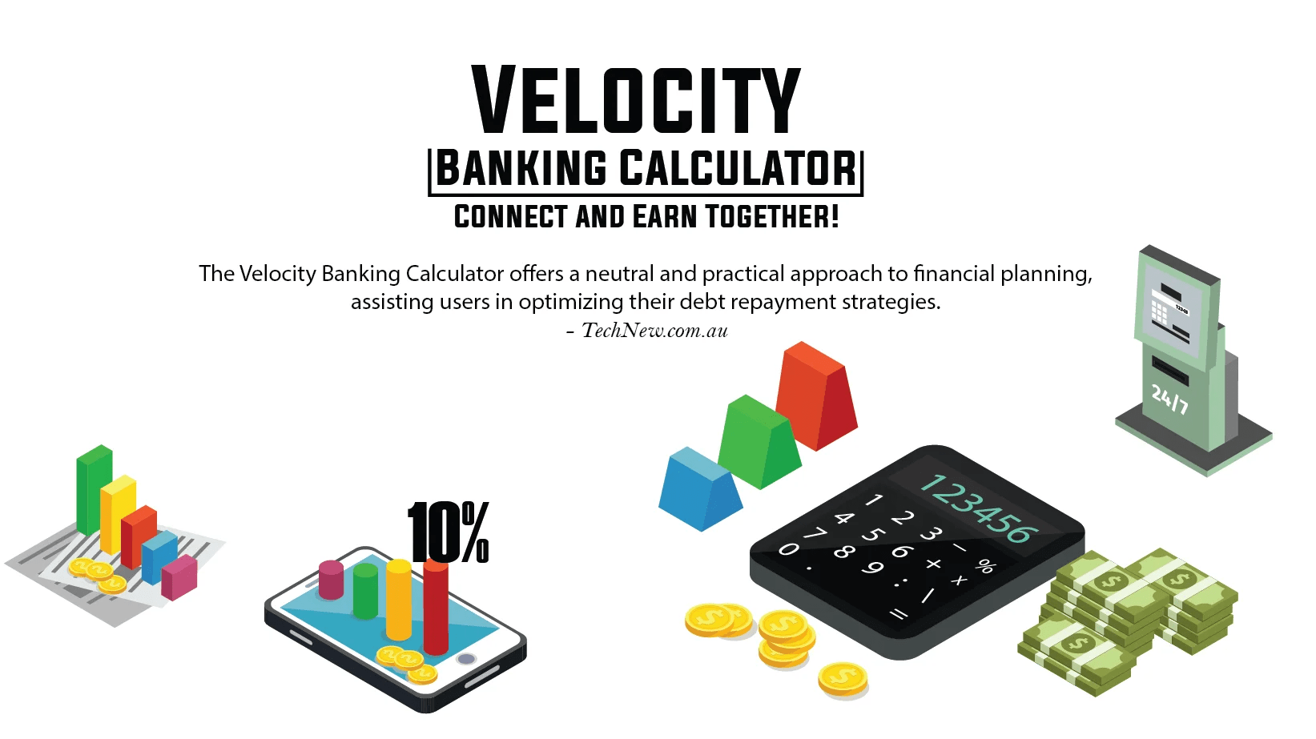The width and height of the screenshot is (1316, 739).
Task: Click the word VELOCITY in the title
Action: (x=636, y=101)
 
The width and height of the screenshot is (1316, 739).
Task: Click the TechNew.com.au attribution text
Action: (x=654, y=331)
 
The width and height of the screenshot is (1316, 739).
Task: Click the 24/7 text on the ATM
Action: (x=1169, y=398)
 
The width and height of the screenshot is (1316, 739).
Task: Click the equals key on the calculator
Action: (x=899, y=614)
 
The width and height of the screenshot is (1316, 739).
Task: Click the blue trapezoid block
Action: (x=698, y=489)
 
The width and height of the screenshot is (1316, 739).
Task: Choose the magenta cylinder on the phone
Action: (x=331, y=579)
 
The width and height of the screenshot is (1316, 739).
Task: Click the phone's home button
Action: (x=466, y=659)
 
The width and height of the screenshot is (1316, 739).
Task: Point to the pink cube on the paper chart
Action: (x=179, y=576)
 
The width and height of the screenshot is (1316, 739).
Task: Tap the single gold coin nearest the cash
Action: (x=843, y=678)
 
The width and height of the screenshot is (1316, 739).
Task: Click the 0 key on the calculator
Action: (x=788, y=549)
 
